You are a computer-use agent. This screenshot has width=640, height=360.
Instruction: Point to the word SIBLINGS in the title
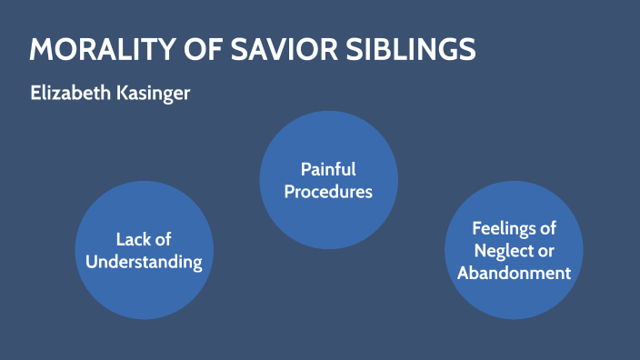[415, 50]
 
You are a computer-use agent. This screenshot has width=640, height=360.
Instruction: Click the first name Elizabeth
[68, 94]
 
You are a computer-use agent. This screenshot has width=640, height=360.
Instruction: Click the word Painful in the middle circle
[328, 169]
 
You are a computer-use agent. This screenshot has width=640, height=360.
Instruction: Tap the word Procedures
[328, 192]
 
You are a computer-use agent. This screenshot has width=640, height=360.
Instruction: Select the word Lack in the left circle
[131, 240]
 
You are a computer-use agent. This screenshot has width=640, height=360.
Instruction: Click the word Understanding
[144, 263]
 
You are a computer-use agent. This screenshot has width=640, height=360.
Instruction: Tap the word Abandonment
[514, 274]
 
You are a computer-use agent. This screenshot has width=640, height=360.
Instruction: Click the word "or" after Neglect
[545, 251]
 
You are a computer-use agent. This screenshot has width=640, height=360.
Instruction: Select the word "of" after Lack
[163, 240]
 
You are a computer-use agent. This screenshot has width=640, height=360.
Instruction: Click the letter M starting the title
[40, 50]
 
